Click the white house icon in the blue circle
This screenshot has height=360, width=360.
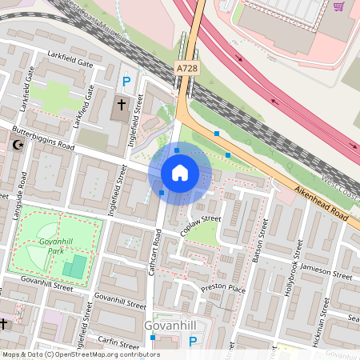point(180,173)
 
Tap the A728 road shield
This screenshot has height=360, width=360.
point(186,70)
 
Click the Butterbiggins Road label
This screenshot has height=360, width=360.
point(45,138)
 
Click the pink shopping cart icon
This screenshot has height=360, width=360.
point(338,6)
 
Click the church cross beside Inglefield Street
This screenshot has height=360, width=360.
point(122,105)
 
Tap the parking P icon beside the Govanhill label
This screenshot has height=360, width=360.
point(193,342)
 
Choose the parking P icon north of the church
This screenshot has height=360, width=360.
point(126,80)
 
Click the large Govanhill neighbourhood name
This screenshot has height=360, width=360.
point(171,326)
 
